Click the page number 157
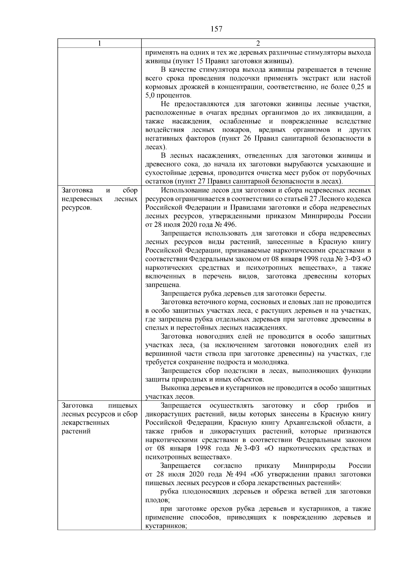tap(216, 29)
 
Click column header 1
tap(99, 43)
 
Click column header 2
tap(258, 43)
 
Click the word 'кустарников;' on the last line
tap(166, 526)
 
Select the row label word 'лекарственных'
tap(86, 423)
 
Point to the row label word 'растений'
tap(76, 431)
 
